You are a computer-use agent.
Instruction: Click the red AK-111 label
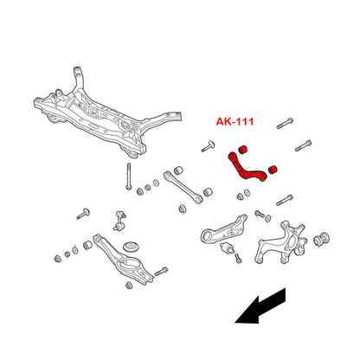[235, 121]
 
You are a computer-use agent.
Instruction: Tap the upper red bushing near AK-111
[243, 150]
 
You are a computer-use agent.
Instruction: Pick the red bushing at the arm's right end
[273, 170]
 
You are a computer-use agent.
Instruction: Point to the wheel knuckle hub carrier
[280, 243]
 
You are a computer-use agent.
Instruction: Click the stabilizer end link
[119, 221]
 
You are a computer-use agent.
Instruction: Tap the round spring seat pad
[132, 247]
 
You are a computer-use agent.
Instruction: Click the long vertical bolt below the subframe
[128, 177]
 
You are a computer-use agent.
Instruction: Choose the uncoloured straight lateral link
[183, 188]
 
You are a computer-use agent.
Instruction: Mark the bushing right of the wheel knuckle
[321, 239]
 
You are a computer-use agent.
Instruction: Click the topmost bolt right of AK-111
[285, 123]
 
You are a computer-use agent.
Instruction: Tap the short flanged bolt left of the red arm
[208, 146]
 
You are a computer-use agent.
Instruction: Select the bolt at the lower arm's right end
[161, 272]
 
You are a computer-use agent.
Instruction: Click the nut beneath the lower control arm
[129, 286]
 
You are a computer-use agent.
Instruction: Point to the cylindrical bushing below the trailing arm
[228, 247]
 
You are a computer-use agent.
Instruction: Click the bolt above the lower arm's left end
[83, 214]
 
